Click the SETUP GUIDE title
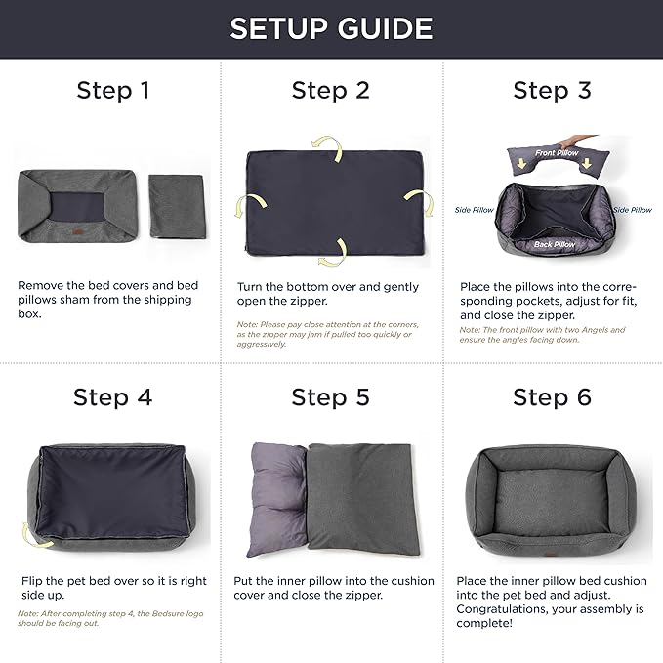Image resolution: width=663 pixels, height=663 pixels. click(x=331, y=28)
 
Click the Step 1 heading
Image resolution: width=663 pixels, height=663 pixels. click(x=112, y=91)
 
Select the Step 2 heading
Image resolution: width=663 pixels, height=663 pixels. click(x=331, y=91)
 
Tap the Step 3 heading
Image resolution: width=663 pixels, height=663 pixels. click(x=553, y=91)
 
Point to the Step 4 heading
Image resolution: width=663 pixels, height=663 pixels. click(x=112, y=397)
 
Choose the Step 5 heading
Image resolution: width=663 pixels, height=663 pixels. click(x=331, y=397)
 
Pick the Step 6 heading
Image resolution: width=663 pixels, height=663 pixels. click(x=553, y=397)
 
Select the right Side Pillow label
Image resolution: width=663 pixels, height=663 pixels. click(x=632, y=210)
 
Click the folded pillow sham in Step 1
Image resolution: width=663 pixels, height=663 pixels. click(x=176, y=205)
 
